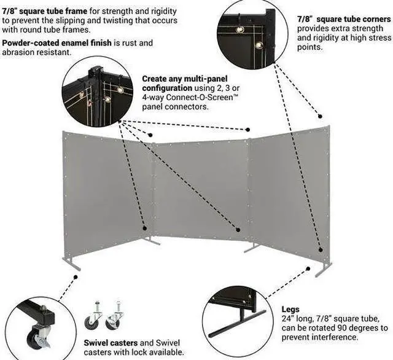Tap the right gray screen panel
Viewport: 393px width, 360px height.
[289, 191]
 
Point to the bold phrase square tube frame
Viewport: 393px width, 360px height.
[52, 10]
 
